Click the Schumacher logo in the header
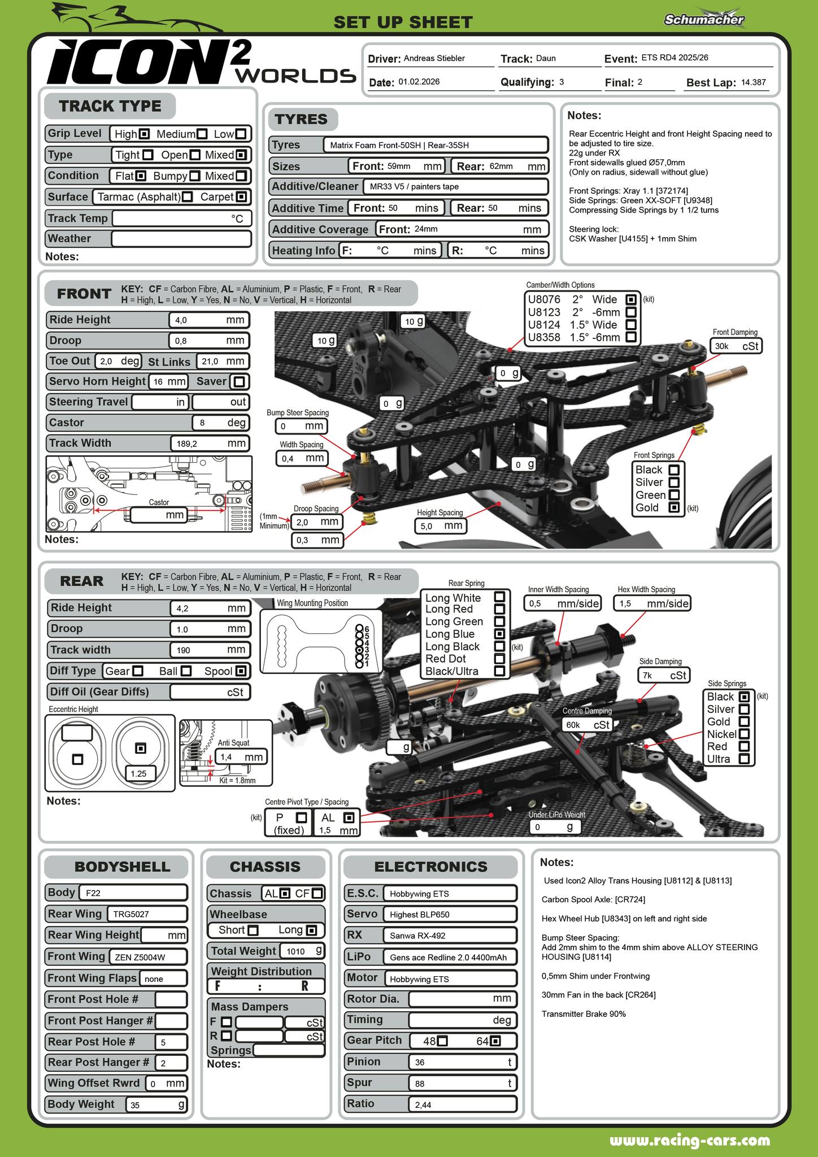(704, 19)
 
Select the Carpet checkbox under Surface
(241, 197)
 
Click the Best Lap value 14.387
(754, 82)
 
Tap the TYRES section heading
(301, 119)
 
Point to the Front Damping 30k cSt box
(736, 346)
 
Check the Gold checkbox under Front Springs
(673, 507)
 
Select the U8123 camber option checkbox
(632, 312)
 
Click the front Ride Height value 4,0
(208, 320)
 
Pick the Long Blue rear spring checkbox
(499, 634)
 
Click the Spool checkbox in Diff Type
(241, 671)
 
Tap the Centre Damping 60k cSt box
(588, 725)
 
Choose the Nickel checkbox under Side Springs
(744, 734)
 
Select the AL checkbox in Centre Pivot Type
(349, 817)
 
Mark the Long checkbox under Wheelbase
(311, 930)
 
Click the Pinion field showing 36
(462, 1062)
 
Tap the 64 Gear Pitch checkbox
(495, 1041)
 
